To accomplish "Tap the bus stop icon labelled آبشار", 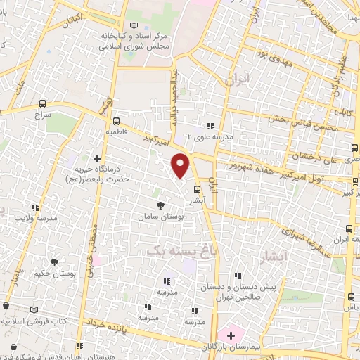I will [196, 188].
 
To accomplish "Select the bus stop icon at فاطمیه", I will [117, 120].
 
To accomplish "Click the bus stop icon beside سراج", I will [44, 103].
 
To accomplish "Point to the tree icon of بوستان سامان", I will [162, 205].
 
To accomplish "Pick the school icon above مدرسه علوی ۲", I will [209, 126].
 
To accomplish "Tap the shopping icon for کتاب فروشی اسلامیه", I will [6, 307].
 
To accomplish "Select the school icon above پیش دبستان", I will [238, 275].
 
